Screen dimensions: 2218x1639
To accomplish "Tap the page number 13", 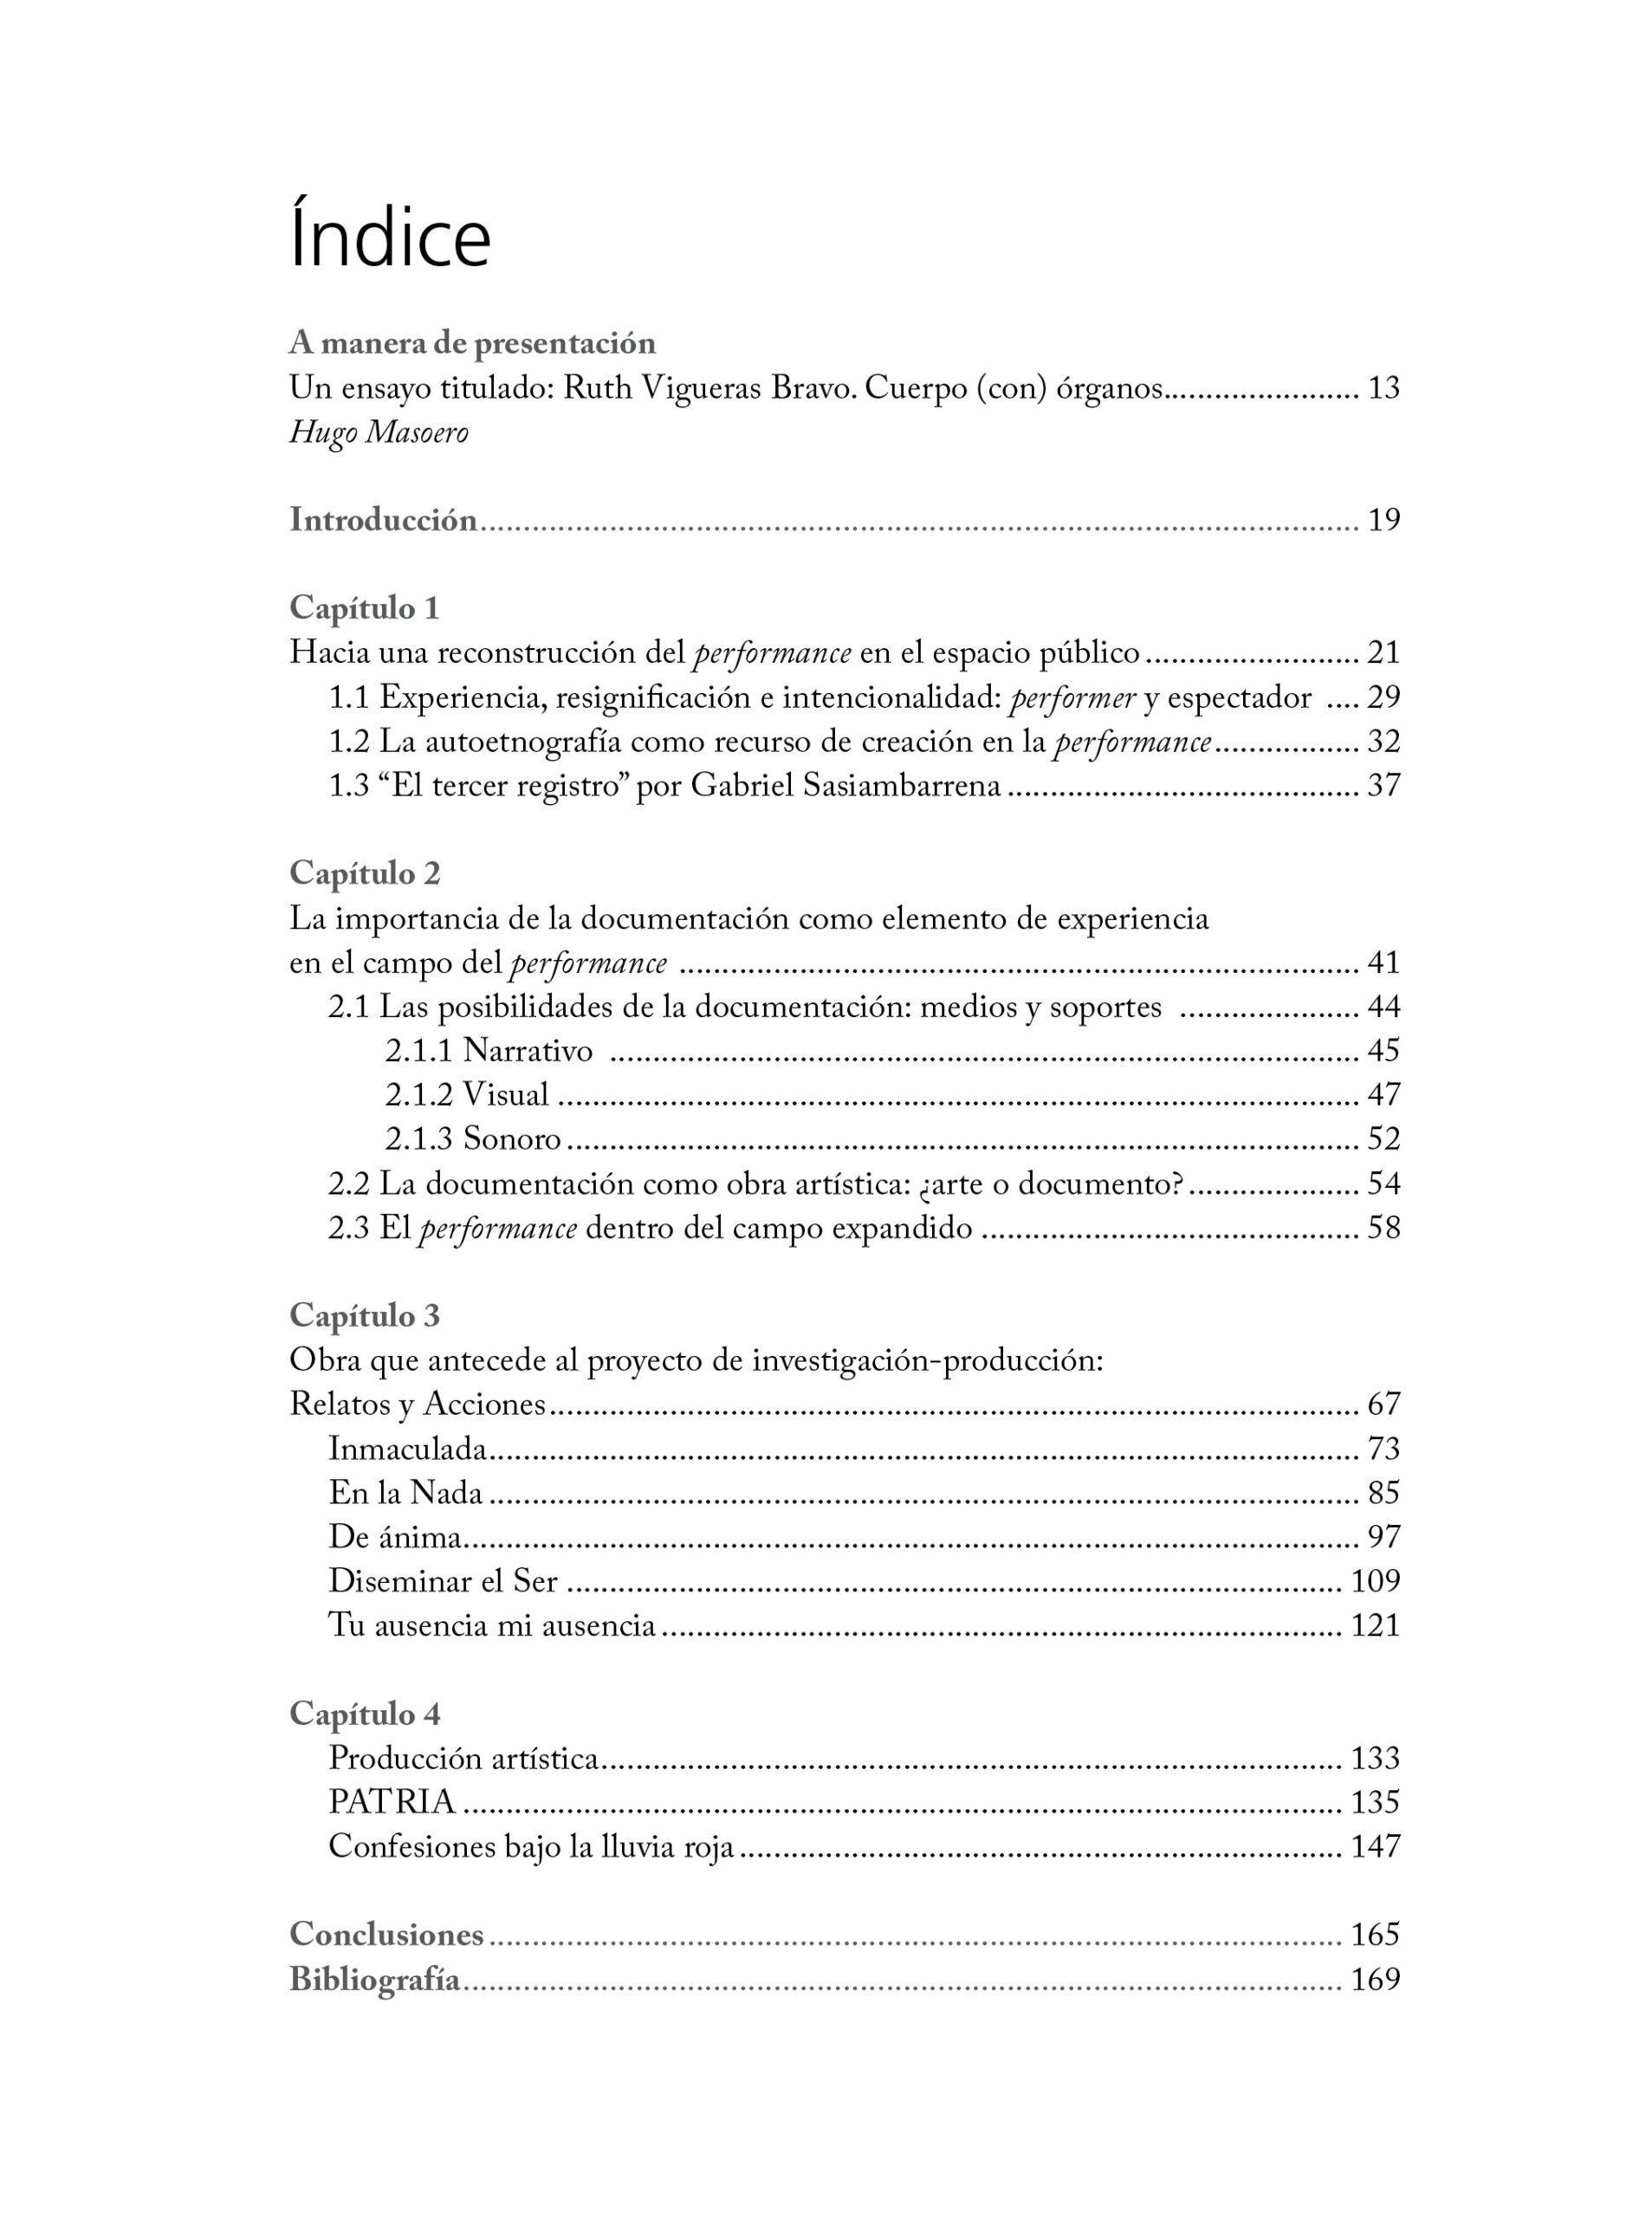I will tap(1383, 388).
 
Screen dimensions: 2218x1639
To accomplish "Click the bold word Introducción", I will tap(383, 520).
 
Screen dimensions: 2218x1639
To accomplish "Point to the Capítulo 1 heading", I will tap(364, 607).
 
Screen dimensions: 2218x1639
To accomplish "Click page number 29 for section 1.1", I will tap(1383, 697).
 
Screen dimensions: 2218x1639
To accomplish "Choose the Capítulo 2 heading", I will tap(364, 873).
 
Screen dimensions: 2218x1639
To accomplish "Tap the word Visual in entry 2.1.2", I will tap(505, 1094).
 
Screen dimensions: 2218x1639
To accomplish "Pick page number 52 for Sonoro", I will tap(1383, 1138).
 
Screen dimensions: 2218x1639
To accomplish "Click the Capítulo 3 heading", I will tap(364, 1316).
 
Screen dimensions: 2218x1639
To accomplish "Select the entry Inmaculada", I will tap(408, 1449).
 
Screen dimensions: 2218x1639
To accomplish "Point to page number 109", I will tap(1375, 1581).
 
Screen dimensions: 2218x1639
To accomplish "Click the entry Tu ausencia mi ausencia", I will tap(492, 1625).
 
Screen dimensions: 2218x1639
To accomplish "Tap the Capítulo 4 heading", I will tap(364, 1714).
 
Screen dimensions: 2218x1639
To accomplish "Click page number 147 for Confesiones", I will tap(1375, 1845).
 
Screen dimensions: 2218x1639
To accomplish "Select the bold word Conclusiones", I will tap(386, 1934).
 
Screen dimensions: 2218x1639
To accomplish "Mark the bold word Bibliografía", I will tap(375, 1979).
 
